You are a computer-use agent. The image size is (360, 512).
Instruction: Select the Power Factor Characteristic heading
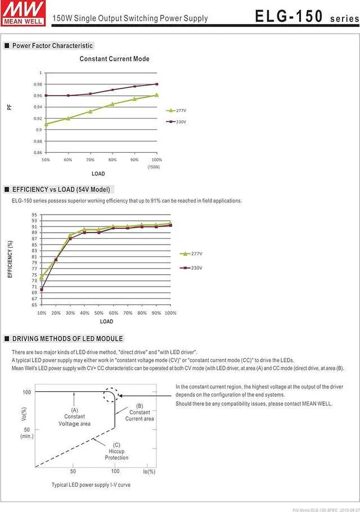click(x=52, y=46)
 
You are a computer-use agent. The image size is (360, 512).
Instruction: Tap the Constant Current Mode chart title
click(x=114, y=58)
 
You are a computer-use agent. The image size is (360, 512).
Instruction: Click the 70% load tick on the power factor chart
click(x=90, y=160)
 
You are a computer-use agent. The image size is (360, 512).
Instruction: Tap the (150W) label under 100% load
click(x=154, y=167)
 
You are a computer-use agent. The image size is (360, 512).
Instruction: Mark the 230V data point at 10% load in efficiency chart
click(x=42, y=289)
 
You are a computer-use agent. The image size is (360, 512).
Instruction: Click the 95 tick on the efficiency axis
click(x=34, y=215)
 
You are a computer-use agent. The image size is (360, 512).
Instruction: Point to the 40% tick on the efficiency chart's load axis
click(x=84, y=312)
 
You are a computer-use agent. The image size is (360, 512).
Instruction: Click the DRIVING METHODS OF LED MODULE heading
click(x=67, y=338)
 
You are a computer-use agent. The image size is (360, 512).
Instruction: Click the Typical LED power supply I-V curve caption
click(x=91, y=484)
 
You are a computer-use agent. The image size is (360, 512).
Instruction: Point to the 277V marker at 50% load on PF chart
click(x=46, y=124)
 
